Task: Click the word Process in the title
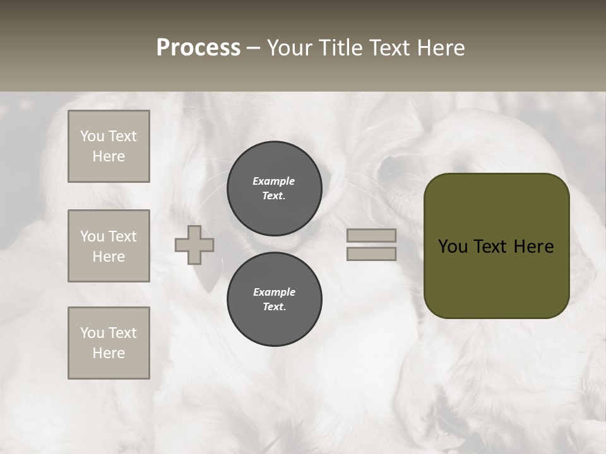[198, 48]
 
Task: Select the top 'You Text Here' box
[109, 146]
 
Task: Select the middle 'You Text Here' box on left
[109, 246]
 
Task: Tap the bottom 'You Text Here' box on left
[109, 343]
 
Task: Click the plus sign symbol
[194, 245]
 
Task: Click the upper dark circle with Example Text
[274, 188]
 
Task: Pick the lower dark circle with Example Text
[274, 299]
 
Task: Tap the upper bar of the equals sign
[371, 235]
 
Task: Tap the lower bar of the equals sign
[371, 253]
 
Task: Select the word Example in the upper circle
[274, 181]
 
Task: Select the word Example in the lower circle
[274, 292]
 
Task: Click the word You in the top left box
[92, 136]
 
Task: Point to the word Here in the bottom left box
[109, 353]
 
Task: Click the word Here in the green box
[534, 247]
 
